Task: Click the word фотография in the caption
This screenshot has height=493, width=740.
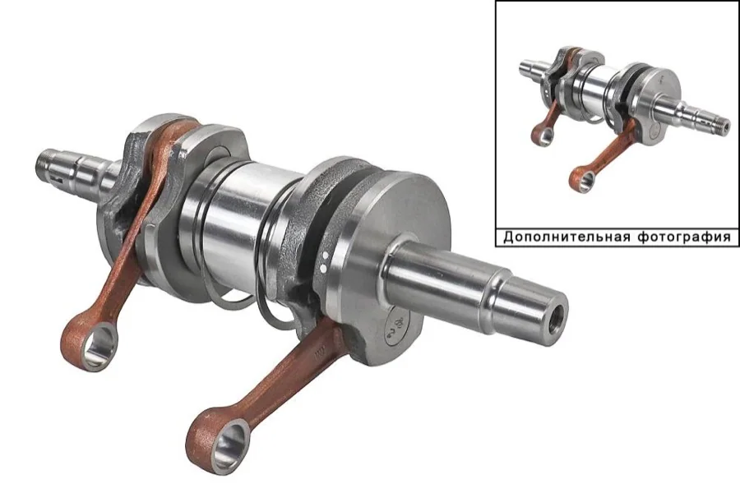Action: (x=684, y=237)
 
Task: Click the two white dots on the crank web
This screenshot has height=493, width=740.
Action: (x=324, y=262)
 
